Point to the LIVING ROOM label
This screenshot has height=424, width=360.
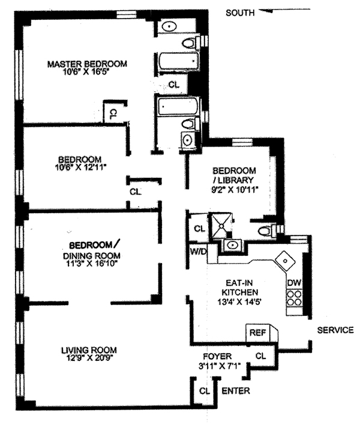88,350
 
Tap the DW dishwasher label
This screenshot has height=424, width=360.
293,282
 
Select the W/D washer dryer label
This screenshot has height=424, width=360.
198,252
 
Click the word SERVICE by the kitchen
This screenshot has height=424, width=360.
335,330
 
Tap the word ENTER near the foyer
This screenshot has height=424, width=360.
236,391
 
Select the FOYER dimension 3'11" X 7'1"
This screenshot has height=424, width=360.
224,365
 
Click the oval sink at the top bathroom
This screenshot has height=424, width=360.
170,26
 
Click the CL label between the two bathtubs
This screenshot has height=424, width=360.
174,85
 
